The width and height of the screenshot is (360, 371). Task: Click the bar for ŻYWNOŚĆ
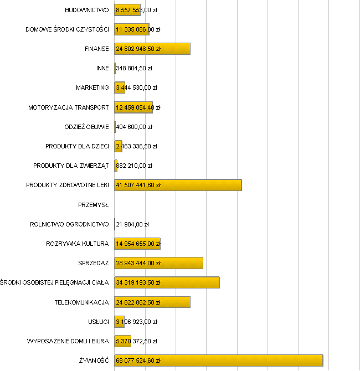point(249,360)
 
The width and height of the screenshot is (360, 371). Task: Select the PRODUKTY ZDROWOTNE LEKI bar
point(205,185)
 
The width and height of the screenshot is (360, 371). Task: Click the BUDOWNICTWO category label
point(87,10)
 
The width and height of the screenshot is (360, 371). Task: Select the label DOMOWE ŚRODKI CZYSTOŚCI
point(68,29)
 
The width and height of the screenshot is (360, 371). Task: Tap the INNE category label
point(102,68)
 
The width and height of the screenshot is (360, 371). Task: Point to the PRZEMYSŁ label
point(94,205)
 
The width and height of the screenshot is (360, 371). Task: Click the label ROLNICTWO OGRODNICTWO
point(70,224)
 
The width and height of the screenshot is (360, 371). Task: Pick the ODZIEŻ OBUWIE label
point(87,127)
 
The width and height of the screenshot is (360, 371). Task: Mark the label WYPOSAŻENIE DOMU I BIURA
point(68,341)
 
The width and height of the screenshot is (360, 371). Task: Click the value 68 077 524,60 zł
point(138,360)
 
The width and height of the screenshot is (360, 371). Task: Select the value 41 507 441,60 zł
point(138,185)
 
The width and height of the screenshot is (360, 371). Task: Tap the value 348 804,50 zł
point(134,68)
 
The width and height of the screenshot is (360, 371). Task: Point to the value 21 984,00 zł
point(133,224)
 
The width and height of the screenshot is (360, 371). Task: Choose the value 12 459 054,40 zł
point(138,107)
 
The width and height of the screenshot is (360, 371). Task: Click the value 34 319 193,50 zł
point(138,282)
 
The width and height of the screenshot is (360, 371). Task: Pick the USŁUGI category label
point(98,322)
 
